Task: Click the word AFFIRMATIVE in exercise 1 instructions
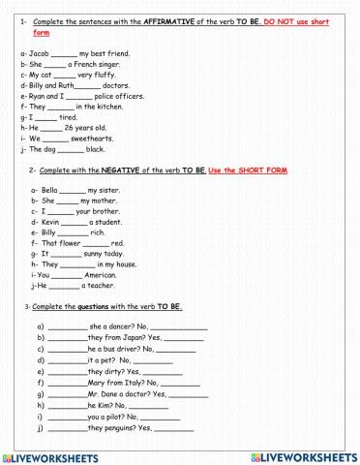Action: pos(170,20)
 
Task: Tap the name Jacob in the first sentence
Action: pos(38,51)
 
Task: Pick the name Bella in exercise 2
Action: pos(50,190)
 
